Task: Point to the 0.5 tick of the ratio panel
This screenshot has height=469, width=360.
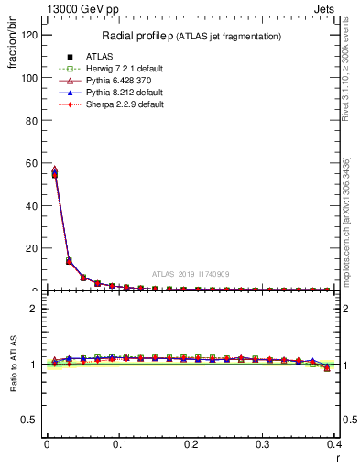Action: [x=31, y=420]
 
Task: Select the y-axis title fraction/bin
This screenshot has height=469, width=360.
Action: [x=11, y=55]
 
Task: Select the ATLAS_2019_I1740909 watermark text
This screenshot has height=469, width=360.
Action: [x=191, y=274]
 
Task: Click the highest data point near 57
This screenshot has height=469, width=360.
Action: [x=54, y=169]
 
